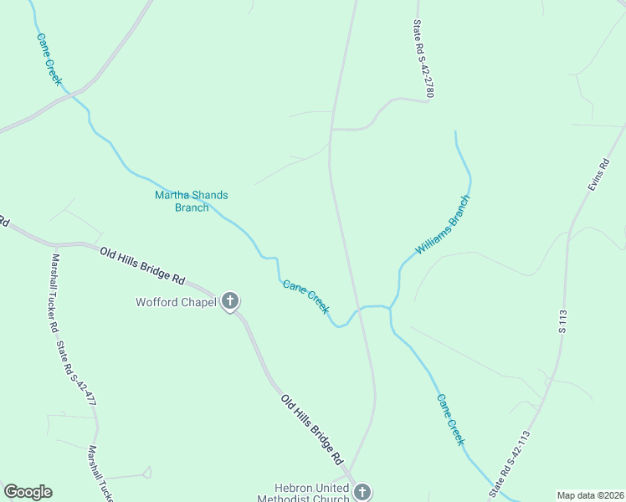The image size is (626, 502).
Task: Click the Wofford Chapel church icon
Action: pyautogui.click(x=230, y=302)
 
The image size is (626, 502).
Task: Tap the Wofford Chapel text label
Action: pyautogui.click(x=177, y=302)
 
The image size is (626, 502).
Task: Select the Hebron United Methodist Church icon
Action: pyautogui.click(x=362, y=491)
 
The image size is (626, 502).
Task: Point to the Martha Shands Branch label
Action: pyautogui.click(x=192, y=201)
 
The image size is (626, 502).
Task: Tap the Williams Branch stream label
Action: pyautogui.click(x=444, y=227)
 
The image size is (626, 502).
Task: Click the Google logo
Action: pyautogui.click(x=28, y=492)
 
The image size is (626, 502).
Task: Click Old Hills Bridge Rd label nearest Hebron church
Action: pyautogui.click(x=312, y=430)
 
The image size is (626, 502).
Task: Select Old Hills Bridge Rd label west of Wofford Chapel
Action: pyautogui.click(x=141, y=264)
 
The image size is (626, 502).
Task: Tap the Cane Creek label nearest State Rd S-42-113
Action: pyautogui.click(x=449, y=419)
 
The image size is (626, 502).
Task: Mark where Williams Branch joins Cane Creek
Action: pyautogui.click(x=390, y=309)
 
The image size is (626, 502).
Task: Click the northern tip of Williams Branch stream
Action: pyautogui.click(x=455, y=131)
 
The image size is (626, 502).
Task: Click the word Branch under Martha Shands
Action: pyautogui.click(x=192, y=207)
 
